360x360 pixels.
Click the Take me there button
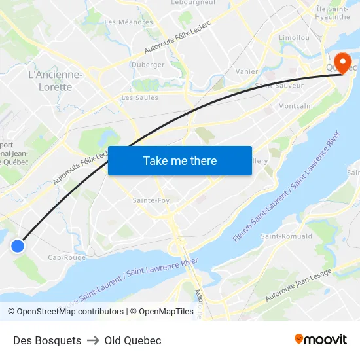click(x=180, y=160)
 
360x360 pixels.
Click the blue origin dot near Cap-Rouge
click(x=18, y=245)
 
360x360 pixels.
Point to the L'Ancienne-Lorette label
click(x=56, y=81)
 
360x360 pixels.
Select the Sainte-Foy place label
click(x=152, y=200)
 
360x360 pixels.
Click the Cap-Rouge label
click(x=67, y=257)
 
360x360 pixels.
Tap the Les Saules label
click(x=140, y=98)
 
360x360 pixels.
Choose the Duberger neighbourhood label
click(x=148, y=65)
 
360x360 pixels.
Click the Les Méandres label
click(x=128, y=22)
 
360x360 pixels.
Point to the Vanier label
click(x=247, y=71)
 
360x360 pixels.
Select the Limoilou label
click(x=294, y=38)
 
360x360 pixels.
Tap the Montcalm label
click(x=295, y=106)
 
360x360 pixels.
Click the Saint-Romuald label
click(x=287, y=236)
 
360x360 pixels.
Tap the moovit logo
click(x=321, y=339)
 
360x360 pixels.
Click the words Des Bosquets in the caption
click(x=47, y=340)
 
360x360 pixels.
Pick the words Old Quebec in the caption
click(x=133, y=340)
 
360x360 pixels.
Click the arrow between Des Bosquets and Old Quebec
click(x=93, y=340)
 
